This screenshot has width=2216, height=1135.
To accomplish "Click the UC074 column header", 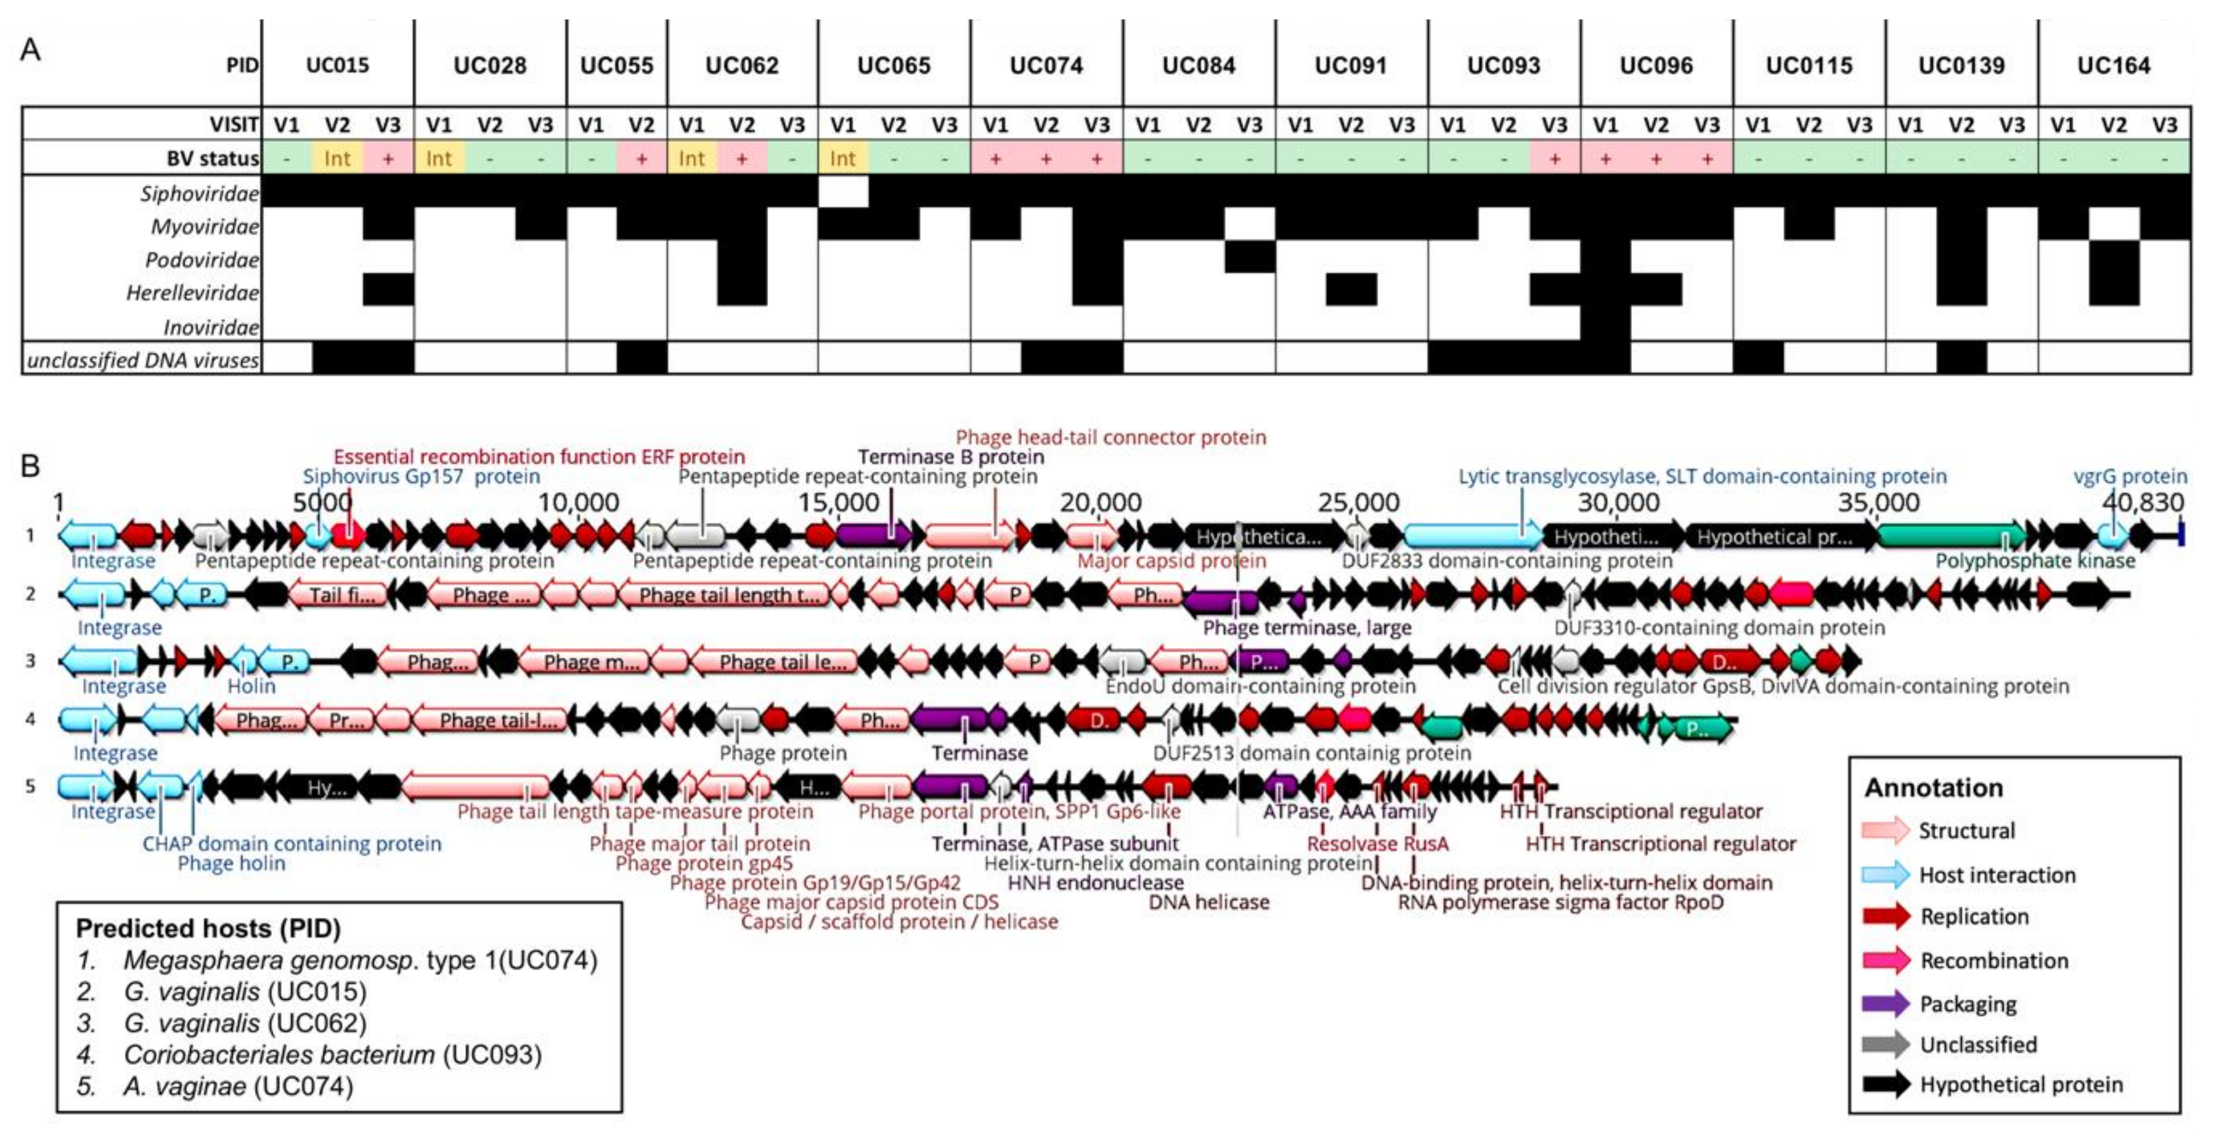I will (x=1046, y=65).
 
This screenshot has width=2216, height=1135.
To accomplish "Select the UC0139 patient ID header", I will (x=1960, y=65).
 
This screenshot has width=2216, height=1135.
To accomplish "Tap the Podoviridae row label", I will (x=201, y=260).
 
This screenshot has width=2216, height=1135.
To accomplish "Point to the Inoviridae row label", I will (x=211, y=327).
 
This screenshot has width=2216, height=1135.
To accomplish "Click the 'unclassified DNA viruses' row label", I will (x=143, y=360).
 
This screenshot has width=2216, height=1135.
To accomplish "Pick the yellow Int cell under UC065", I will (x=843, y=158).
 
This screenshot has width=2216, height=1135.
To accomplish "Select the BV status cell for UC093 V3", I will (x=1554, y=158).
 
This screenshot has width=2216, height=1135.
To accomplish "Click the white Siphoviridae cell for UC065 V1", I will (x=843, y=192).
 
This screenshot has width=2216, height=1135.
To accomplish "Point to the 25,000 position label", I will (x=1358, y=502).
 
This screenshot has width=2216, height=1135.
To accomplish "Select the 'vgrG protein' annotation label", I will (x=2130, y=476).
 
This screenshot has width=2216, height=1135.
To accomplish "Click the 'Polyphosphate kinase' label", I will (x=2035, y=561).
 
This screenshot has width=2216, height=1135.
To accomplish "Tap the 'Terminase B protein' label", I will (x=951, y=457).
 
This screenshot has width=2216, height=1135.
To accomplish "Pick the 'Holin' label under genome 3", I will (x=251, y=686).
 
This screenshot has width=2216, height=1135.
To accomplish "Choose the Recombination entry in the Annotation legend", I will (x=1994, y=960).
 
